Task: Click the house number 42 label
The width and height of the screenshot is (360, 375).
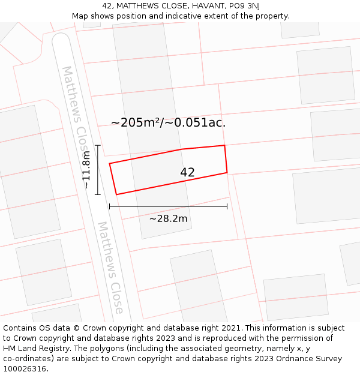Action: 187,172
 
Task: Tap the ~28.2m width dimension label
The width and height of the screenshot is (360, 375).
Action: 168,218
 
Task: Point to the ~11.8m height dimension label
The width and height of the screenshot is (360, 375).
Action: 86,170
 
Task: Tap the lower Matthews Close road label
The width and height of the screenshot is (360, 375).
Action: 110,267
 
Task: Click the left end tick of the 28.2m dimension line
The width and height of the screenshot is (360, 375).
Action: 109,206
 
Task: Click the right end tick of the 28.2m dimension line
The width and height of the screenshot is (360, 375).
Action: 227,206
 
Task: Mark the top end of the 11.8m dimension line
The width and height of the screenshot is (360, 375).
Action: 97,145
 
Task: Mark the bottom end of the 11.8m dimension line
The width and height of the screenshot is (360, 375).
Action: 97,194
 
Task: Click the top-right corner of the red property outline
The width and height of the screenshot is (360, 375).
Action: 224,145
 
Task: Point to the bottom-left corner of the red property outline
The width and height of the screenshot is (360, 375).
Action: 116,194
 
